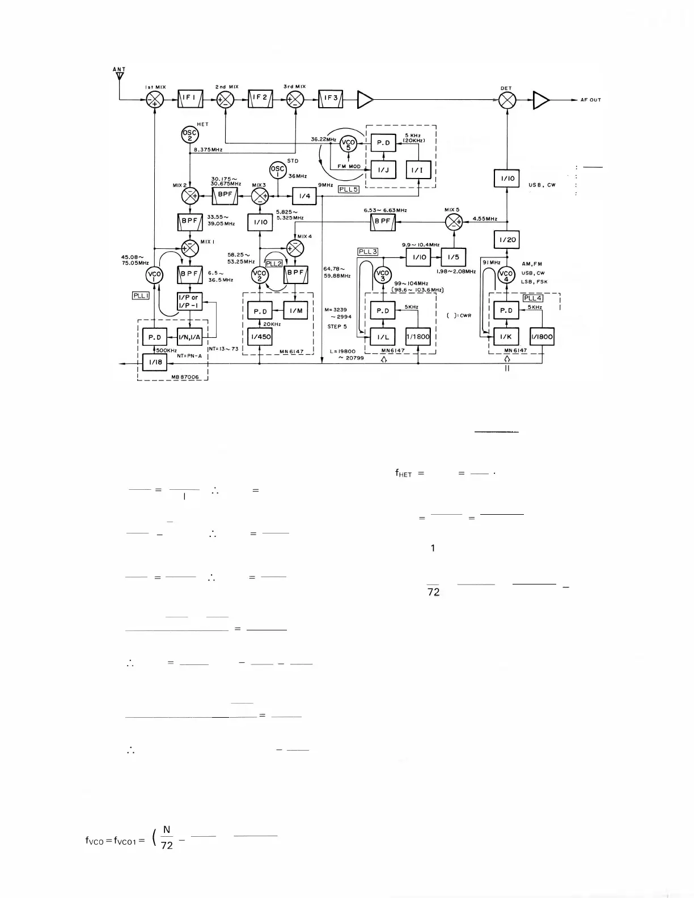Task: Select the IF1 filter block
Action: tap(190, 100)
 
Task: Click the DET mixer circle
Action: tap(507, 100)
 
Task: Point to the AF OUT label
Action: tap(590, 100)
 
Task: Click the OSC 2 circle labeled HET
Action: tap(189, 134)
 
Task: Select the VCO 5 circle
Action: tap(348, 144)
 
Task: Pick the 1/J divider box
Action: tap(383, 170)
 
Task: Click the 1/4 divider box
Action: tap(304, 196)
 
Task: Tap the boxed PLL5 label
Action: tap(348, 189)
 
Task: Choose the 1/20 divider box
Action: tap(507, 239)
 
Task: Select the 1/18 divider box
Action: tap(155, 361)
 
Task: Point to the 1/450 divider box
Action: tap(260, 337)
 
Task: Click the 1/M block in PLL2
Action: tap(295, 311)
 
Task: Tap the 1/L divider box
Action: tap(383, 337)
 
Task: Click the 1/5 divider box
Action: tap(454, 257)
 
